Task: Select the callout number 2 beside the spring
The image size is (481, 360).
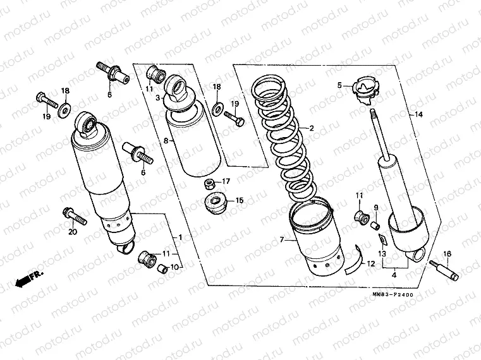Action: click(x=311, y=128)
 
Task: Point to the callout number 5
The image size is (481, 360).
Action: click(x=339, y=85)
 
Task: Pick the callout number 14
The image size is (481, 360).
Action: click(x=417, y=114)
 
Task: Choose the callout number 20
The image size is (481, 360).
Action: click(x=71, y=232)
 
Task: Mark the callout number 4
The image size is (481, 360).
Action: click(x=393, y=274)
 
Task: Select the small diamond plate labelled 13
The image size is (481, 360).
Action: click(x=381, y=239)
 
